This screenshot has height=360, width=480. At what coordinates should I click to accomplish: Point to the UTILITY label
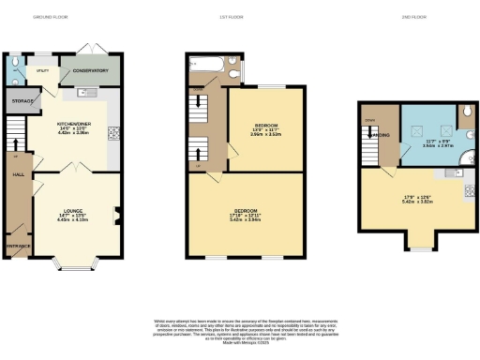click(x=42, y=69)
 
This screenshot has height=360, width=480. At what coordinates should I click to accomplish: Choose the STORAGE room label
click(x=22, y=99)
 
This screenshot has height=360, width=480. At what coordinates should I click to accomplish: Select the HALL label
click(x=16, y=173)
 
